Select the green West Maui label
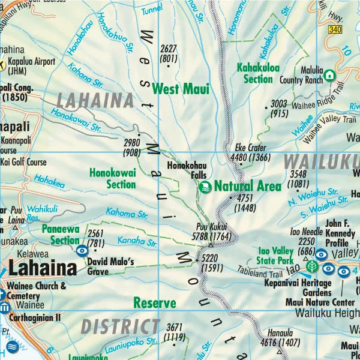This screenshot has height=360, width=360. click(181, 89)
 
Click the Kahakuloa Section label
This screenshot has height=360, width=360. click(258, 73)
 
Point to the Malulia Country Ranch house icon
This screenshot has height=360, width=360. click(329, 76)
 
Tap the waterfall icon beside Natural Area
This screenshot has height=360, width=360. click(205, 187)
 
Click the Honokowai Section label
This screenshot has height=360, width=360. click(113, 178)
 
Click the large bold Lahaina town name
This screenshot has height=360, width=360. click(43, 267)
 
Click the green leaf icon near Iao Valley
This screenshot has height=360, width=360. click(311, 266)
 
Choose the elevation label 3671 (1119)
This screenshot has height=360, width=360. click(174, 332)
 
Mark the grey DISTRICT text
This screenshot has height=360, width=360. click(120, 327)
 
